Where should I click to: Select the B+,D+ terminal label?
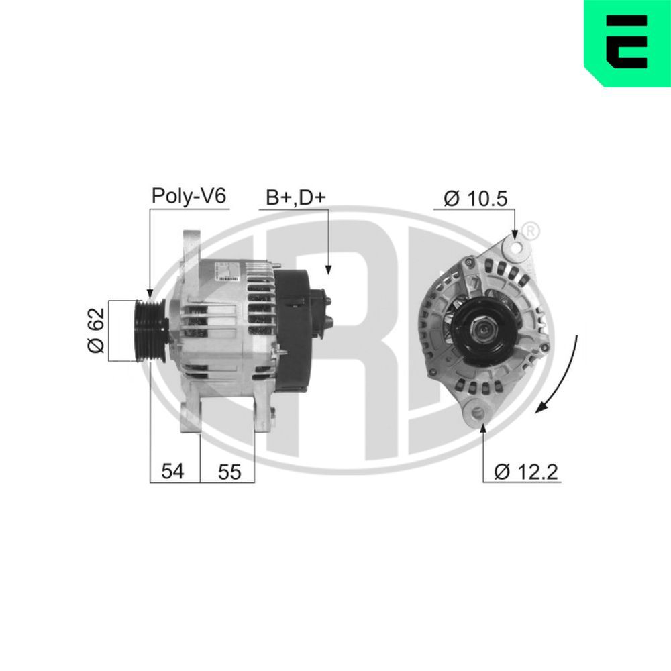tap(295, 197)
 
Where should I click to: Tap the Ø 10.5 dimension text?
tap(476, 198)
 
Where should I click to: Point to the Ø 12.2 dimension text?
tap(526, 472)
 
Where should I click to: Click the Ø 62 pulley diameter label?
tap(96, 331)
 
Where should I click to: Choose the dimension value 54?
tap(172, 472)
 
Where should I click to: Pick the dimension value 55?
tap(229, 472)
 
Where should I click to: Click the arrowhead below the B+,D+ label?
tap(328, 269)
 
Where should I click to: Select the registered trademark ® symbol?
tap(529, 230)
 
